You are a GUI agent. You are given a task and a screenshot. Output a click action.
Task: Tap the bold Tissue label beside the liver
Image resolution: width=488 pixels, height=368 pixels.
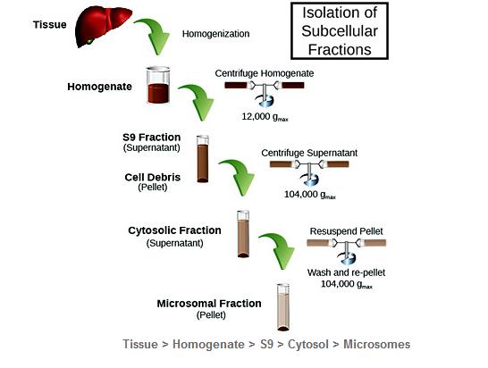[50, 25]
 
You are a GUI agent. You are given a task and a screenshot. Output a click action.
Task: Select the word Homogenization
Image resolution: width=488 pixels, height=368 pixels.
[215, 34]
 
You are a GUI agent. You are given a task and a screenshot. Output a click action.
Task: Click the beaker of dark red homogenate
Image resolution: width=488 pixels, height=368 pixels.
[158, 85]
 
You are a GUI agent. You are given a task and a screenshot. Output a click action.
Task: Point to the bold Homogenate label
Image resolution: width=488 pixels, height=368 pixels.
[99, 87]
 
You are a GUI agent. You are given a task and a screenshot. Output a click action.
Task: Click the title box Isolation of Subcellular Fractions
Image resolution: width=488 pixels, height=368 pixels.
[340, 30]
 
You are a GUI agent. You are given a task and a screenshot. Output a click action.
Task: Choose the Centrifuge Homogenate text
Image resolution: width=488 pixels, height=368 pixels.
[265, 73]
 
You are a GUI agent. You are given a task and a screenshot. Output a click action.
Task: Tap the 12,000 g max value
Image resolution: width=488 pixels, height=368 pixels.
[265, 117]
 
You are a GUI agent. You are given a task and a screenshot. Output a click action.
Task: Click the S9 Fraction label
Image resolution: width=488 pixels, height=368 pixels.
[152, 138]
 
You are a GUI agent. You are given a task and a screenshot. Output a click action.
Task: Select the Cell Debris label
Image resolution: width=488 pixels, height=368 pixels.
[153, 177]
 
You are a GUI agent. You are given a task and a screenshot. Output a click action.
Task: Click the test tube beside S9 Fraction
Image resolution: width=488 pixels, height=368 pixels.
[203, 159]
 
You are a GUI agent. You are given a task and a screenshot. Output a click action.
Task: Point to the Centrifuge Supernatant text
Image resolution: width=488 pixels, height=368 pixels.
[309, 153]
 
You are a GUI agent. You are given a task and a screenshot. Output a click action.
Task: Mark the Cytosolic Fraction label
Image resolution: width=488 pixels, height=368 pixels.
[174, 230]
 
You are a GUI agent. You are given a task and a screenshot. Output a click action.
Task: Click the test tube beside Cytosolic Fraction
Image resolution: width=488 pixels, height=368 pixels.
[243, 234]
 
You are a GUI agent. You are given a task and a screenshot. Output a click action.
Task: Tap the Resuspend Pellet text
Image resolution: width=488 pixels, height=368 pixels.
[347, 231]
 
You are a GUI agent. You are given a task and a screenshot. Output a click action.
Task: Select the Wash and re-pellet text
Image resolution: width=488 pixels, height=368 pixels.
[347, 272]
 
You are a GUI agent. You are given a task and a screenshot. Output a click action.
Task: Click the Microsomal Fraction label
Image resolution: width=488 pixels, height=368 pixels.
[209, 304]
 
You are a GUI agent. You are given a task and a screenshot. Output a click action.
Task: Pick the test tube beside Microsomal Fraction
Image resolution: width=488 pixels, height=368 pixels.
[283, 307]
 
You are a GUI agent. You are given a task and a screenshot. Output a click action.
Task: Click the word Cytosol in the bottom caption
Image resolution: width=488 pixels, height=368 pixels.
[308, 344]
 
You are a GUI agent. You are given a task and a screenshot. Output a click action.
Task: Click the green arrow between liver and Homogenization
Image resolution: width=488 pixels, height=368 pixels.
[156, 34]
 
